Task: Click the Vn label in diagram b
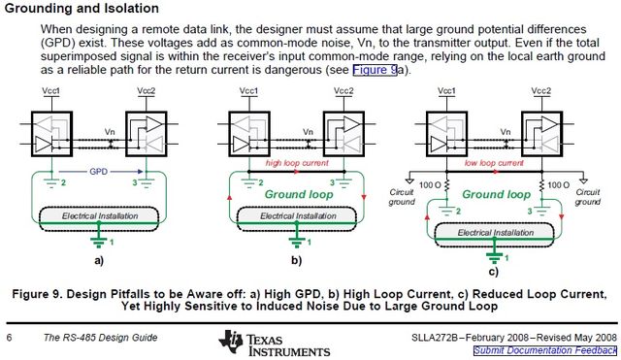(308, 130)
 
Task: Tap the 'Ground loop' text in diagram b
(295, 194)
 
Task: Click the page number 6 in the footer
(9, 337)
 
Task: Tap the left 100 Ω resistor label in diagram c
(426, 184)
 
